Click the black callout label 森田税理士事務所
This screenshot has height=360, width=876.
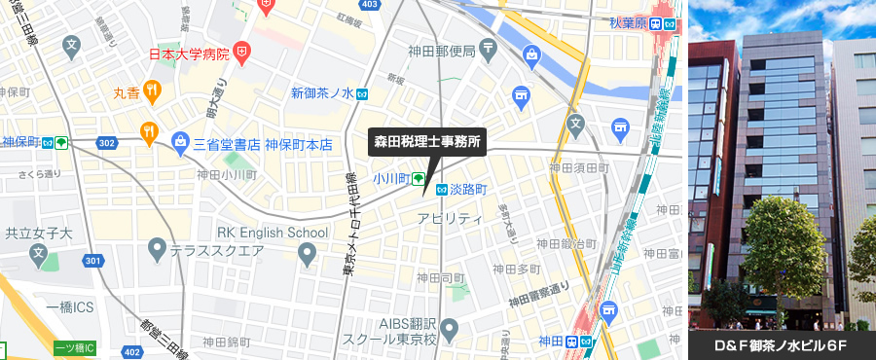[x=428, y=141]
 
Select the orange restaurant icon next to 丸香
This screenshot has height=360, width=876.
[x=153, y=92]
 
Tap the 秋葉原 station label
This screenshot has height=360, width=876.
[x=628, y=23]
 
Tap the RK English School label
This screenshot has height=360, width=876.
[x=273, y=233]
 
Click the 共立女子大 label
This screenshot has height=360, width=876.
[x=39, y=233]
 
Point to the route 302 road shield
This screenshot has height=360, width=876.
[x=108, y=143]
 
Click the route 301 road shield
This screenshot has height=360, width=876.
[x=92, y=261]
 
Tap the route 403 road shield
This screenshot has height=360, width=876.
[x=369, y=5]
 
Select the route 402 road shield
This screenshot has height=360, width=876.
[x=131, y=349]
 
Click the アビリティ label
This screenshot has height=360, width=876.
[x=450, y=218]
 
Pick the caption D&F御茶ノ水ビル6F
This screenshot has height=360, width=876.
[x=782, y=346]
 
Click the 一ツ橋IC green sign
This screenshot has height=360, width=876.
[x=75, y=348]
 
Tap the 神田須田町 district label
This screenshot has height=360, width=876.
[x=578, y=168]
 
